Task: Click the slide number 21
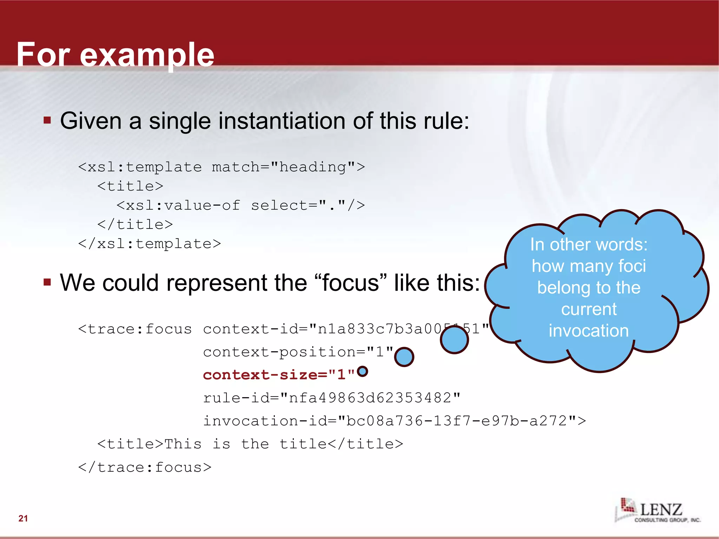[23, 518]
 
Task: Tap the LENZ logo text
[661, 510]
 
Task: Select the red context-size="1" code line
[279, 375]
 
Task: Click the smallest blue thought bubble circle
[362, 371]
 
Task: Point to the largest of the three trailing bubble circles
[454, 339]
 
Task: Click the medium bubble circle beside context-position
[404, 357]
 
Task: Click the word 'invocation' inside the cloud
[589, 331]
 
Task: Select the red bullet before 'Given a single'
[47, 121]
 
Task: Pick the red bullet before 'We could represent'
[47, 282]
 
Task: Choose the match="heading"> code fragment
[288, 167]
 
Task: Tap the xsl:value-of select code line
[241, 205]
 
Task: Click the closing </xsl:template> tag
[150, 244]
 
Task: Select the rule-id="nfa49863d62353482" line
[332, 398]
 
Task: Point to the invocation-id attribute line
[395, 421]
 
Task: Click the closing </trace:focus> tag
[145, 467]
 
